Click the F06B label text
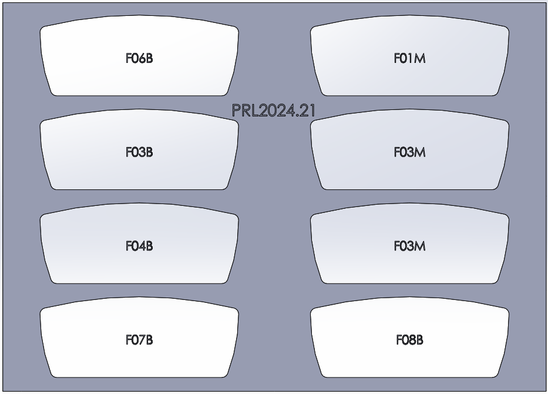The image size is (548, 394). pos(139,59)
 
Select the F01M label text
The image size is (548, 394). pos(409,59)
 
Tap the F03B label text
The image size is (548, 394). pos(139,152)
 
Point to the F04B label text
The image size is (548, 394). pos(139,246)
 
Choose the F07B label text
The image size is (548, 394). pos(139,340)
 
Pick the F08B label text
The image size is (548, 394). pos(409,340)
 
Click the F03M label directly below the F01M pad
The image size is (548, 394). pos(409,152)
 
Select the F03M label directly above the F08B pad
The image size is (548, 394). pos(409,246)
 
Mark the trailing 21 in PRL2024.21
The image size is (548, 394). pos(310,111)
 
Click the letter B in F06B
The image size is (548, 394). pos(149,59)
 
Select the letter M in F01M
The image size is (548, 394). pos(420,59)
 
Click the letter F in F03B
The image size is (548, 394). pos(129,152)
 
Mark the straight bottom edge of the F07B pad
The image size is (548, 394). pos(139,377)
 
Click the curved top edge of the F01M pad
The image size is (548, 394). pos(409,16)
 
